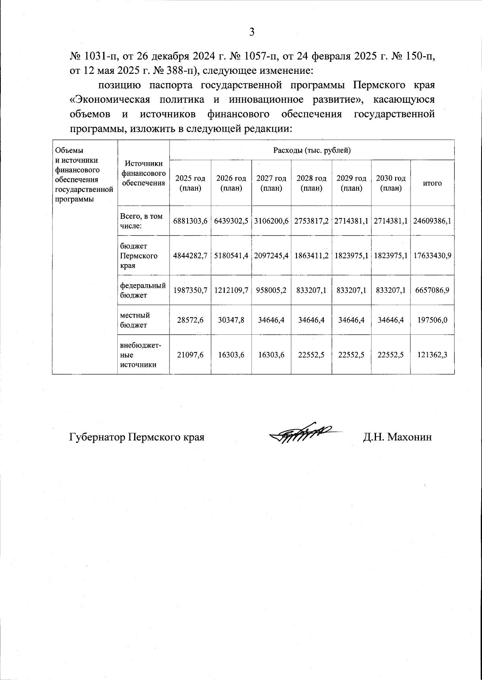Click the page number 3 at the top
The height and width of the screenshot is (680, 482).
pyautogui.click(x=252, y=32)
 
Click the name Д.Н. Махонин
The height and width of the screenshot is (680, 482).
pyautogui.click(x=397, y=437)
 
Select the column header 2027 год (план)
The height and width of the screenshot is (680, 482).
pyautogui.click(x=271, y=183)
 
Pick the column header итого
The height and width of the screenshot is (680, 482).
pyautogui.click(x=432, y=183)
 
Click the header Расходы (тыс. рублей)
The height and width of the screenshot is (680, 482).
pyautogui.click(x=312, y=151)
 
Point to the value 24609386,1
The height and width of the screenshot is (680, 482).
pyautogui.click(x=432, y=221)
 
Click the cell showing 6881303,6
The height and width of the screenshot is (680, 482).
pyautogui.click(x=190, y=221)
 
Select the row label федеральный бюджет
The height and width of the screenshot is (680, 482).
pyautogui.click(x=143, y=290)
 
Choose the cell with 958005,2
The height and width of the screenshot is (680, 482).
pyautogui.click(x=271, y=290)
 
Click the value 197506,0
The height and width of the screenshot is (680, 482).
pyautogui.click(x=432, y=320)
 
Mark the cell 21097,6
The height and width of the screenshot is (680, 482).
pyautogui.click(x=190, y=355)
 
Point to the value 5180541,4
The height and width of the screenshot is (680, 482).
pyautogui.click(x=231, y=256)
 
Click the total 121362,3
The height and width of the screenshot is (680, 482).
pyautogui.click(x=432, y=355)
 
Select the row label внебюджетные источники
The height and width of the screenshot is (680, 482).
pyautogui.click(x=141, y=355)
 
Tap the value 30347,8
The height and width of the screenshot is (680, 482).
pyautogui.click(x=231, y=320)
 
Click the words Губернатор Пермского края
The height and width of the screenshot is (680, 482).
pyautogui.click(x=137, y=437)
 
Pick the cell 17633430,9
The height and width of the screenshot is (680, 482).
pyautogui.click(x=432, y=256)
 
